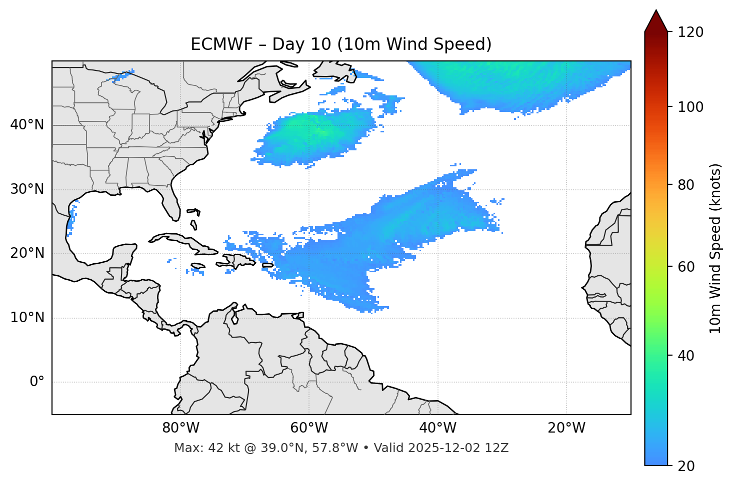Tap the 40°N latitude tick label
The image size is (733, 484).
27,125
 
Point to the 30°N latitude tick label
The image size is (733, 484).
27,189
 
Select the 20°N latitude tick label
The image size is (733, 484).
27,253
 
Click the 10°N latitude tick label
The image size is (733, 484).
27,318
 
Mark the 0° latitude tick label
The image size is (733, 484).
37,382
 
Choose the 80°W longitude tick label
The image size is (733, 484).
180,428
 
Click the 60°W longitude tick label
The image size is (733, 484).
309,428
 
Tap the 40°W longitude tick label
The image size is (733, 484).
437,428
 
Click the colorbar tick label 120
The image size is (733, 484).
690,32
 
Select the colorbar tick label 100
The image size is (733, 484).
690,107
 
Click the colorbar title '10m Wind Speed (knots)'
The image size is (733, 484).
715,249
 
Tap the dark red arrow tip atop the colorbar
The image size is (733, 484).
656,20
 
